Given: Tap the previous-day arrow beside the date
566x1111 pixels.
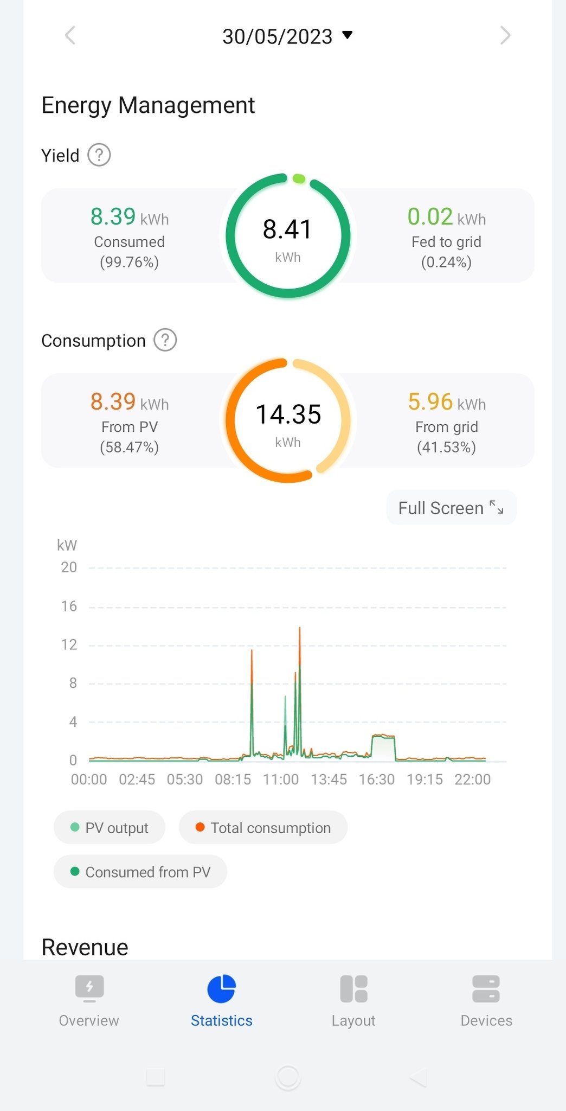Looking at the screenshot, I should (70, 36).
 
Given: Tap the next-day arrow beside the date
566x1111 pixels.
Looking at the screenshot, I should (505, 36).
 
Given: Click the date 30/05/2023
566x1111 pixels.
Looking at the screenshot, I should (278, 36).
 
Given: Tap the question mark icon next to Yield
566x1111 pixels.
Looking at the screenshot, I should (99, 155).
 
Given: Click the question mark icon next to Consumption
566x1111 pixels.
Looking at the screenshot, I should (165, 340).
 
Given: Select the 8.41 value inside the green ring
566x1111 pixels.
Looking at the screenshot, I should (287, 229).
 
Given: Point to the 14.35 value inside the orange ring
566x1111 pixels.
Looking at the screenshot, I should (288, 414).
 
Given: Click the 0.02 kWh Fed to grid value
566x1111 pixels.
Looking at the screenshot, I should (446, 217).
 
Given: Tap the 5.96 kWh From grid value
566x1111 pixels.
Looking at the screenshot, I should (446, 402).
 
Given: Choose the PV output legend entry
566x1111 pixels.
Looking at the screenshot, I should (110, 828).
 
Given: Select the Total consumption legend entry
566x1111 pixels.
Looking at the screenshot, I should (263, 828).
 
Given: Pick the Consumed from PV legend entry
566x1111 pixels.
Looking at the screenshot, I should (140, 872).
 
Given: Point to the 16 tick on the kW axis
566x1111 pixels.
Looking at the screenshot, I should (69, 606).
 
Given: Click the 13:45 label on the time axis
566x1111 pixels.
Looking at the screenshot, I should (329, 780).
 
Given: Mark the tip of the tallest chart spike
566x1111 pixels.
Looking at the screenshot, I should (300, 628).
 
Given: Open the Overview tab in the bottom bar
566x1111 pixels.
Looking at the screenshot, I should (89, 1001).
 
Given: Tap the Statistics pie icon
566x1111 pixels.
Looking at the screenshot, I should (221, 988).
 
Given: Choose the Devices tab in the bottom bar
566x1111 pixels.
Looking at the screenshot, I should (486, 1001).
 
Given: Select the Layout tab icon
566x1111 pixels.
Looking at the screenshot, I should (353, 988).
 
